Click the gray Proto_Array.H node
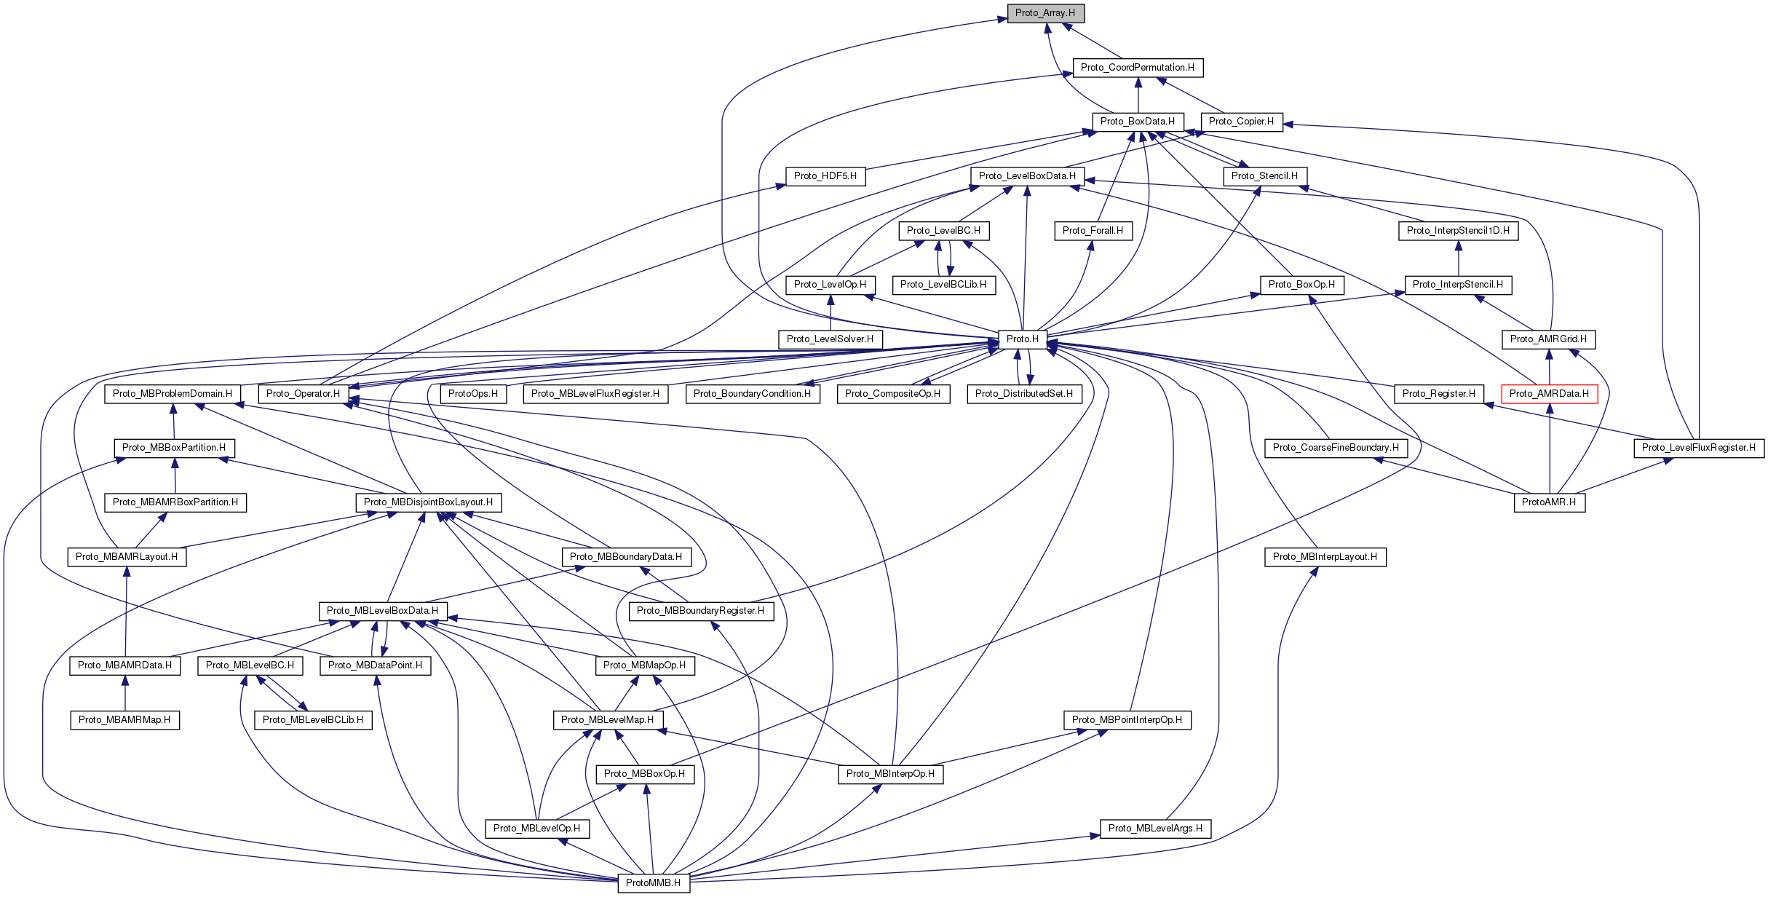(x=1045, y=13)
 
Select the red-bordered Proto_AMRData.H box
(x=1549, y=394)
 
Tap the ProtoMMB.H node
(x=653, y=882)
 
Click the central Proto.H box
(x=1022, y=339)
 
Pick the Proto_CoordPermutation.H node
(x=1137, y=68)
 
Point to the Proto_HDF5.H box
(x=825, y=176)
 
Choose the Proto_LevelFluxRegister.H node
(x=1698, y=448)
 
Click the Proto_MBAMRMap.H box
(x=124, y=720)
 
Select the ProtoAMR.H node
(x=1549, y=502)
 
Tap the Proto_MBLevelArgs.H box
(x=1155, y=829)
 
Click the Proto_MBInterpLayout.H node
(x=1325, y=557)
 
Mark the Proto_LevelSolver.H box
(x=830, y=339)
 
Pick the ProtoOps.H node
(x=473, y=394)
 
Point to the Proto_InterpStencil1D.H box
(x=1458, y=231)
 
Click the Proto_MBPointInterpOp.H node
(x=1127, y=720)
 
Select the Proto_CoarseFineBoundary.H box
(x=1336, y=448)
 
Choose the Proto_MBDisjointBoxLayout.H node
(x=428, y=502)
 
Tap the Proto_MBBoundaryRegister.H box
(x=700, y=611)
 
